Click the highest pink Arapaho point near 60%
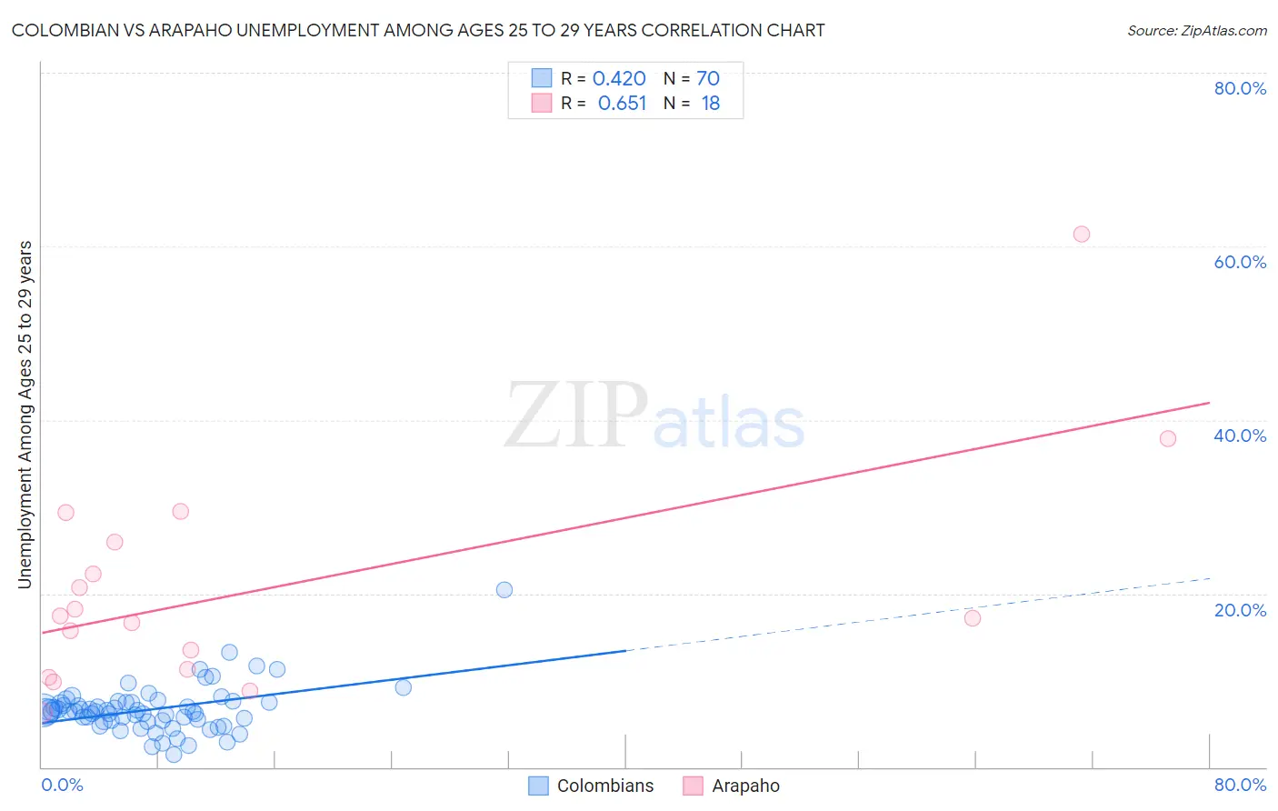(1081, 234)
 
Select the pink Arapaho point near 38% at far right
(1168, 438)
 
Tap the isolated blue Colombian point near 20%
(504, 589)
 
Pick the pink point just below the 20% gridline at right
(973, 617)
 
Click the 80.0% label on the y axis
(1240, 88)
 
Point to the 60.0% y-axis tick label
(1240, 262)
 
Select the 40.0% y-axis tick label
(1240, 436)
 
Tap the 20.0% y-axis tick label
(1240, 610)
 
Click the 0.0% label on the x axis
(62, 785)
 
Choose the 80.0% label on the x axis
(1240, 785)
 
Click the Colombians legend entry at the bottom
(604, 786)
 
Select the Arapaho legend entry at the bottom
(745, 786)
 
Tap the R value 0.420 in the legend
(619, 79)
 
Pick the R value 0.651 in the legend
(622, 104)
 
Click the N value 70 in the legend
(708, 79)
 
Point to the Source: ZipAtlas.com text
(1196, 30)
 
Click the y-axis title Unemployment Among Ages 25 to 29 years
(25, 415)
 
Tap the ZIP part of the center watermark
(575, 416)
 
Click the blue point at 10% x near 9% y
(403, 686)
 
